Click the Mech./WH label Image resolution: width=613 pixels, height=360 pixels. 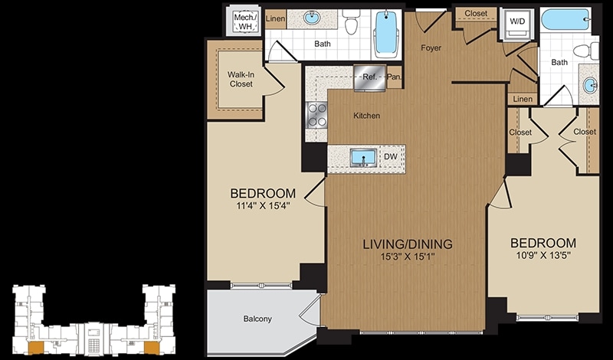(244, 21)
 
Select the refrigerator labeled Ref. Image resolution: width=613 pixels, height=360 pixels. (369, 77)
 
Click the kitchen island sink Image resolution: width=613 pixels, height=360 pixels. (363, 158)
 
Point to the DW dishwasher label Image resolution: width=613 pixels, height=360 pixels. (391, 157)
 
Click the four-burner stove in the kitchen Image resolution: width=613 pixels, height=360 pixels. (316, 115)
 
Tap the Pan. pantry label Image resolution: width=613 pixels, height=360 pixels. (394, 77)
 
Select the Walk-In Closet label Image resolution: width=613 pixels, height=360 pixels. (241, 79)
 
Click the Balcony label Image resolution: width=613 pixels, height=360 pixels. (257, 319)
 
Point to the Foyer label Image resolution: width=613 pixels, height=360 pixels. (431, 47)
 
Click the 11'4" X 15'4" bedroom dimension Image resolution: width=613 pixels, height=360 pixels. (263, 206)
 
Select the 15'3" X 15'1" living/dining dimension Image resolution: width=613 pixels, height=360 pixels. (408, 257)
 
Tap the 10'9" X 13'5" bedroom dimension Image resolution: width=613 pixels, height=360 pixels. (543, 256)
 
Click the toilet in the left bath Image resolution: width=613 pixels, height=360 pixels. (351, 21)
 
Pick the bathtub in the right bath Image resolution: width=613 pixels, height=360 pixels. (565, 19)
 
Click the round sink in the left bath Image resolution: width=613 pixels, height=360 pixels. (312, 18)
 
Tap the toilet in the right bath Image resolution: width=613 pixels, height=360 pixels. (586, 51)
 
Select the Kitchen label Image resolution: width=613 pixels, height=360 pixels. (367, 116)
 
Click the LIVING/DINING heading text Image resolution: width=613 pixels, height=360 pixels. (408, 244)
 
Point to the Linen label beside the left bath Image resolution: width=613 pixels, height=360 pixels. (275, 18)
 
